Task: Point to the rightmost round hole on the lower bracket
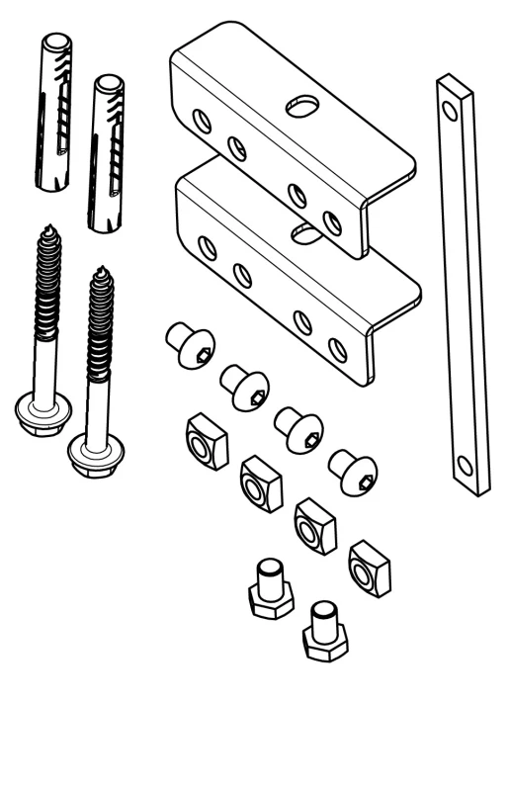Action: (x=337, y=348)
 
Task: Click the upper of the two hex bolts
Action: (x=269, y=591)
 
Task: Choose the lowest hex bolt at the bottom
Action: (x=324, y=636)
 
